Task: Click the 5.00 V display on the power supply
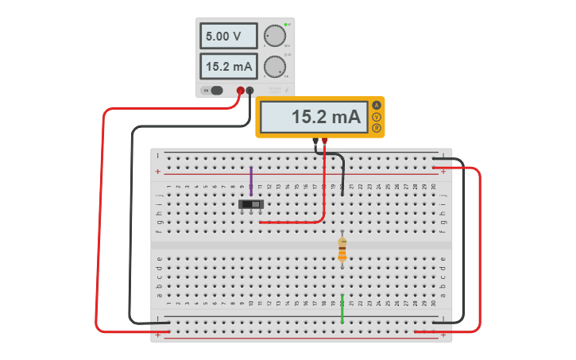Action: tap(228, 36)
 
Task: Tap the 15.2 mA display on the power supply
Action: tap(228, 66)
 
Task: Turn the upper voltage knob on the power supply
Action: tap(274, 36)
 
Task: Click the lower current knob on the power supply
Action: tap(274, 66)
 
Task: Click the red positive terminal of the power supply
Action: tap(240, 91)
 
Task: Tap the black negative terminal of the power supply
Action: tap(250, 91)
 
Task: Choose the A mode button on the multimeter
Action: tap(377, 106)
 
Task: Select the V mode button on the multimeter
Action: tap(377, 117)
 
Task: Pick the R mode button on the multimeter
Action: tap(377, 128)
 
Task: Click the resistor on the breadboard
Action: tap(342, 249)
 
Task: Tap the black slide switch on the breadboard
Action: tap(251, 204)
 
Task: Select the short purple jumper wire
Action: tap(251, 181)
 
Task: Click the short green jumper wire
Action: tap(342, 308)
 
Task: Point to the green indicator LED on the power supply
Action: tap(285, 25)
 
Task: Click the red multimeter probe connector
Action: tap(325, 142)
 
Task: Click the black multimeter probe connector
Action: tap(315, 142)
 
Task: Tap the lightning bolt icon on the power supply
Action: tap(287, 91)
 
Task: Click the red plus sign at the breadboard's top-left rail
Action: tap(157, 172)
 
